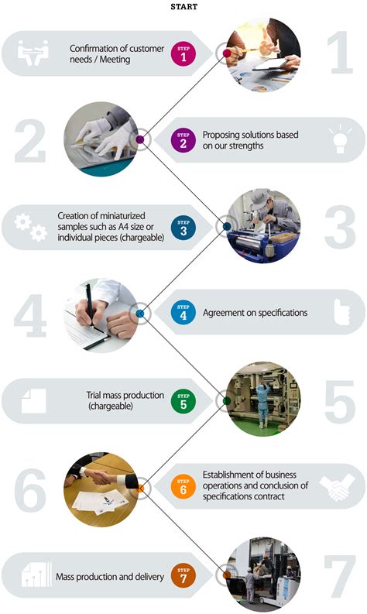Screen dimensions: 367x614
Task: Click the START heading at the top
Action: click(183, 7)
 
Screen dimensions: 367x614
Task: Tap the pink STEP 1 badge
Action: click(183, 53)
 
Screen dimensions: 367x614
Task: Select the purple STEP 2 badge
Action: click(183, 140)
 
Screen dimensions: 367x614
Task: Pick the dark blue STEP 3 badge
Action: click(183, 228)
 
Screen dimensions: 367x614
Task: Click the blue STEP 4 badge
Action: click(183, 312)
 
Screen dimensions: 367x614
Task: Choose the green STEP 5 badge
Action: click(183, 401)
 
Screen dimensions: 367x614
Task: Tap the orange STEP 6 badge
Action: click(183, 486)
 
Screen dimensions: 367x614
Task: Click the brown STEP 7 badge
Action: click(183, 575)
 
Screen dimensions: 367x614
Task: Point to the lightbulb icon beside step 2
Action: click(340, 139)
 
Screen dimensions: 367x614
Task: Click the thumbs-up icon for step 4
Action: click(341, 312)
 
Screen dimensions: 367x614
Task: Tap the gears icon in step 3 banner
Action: click(31, 228)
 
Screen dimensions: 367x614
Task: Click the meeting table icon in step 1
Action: click(33, 53)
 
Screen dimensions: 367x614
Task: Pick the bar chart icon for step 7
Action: click(36, 575)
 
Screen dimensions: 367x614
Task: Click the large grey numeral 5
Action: click(340, 402)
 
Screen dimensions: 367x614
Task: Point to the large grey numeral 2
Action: click(30, 141)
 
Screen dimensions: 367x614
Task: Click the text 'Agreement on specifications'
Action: click(255, 313)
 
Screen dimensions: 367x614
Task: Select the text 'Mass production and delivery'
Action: click(110, 577)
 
